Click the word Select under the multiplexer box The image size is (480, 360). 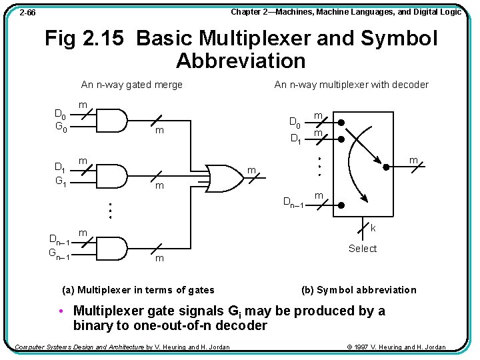(x=363, y=249)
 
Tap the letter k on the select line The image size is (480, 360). (x=373, y=228)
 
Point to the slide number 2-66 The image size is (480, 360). (x=27, y=13)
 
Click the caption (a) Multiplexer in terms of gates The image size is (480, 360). (x=138, y=290)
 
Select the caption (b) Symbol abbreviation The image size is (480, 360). (x=359, y=290)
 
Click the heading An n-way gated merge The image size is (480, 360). (x=131, y=85)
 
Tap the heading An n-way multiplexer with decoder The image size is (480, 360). (x=351, y=85)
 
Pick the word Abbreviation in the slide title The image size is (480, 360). (x=241, y=61)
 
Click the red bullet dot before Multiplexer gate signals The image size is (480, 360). (x=61, y=311)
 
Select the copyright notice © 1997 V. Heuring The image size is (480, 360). (x=397, y=347)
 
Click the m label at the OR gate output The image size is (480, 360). (x=252, y=172)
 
